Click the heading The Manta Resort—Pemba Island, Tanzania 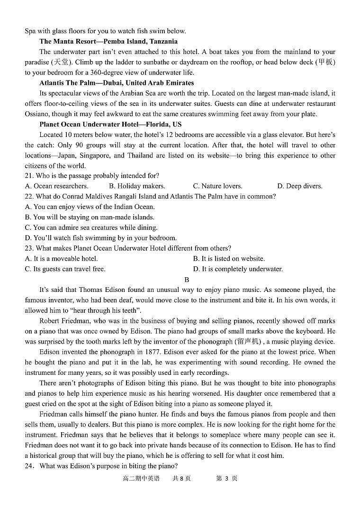pyautogui.click(x=108, y=42)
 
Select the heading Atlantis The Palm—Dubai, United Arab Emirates pyautogui.click(x=117, y=83)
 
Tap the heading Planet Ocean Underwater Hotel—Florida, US pyautogui.click(x=110, y=125)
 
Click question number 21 pyautogui.click(x=29, y=176)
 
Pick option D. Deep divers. pyautogui.click(x=299, y=186)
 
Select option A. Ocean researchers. pyautogui.click(x=56, y=186)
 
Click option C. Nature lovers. pyautogui.click(x=217, y=186)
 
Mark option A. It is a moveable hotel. pyautogui.click(x=61, y=259)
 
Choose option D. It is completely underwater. pyautogui.click(x=238, y=269)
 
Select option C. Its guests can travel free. pyautogui.click(x=65, y=269)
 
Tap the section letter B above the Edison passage pyautogui.click(x=187, y=280)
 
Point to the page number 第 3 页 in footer pyautogui.click(x=226, y=479)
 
